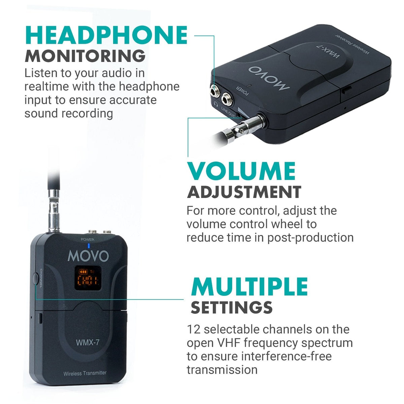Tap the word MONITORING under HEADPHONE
[x=85, y=56]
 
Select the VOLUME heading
[x=241, y=171]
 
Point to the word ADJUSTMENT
[x=244, y=192]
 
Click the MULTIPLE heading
[x=249, y=287]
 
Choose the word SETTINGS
[x=231, y=307]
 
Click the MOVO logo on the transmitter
[x=88, y=256]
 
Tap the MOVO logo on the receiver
[x=269, y=78]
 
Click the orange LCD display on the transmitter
[x=87, y=279]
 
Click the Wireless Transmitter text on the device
[x=85, y=373]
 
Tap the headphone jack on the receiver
[x=214, y=90]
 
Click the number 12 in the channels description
[x=193, y=329]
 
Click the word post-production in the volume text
[x=310, y=237]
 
